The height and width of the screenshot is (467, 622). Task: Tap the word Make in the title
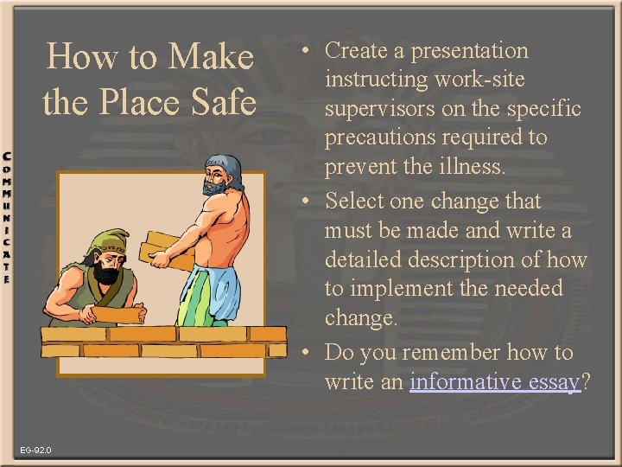[x=213, y=57]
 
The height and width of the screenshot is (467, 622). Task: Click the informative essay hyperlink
[x=495, y=381]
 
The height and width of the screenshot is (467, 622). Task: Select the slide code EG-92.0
[x=36, y=451]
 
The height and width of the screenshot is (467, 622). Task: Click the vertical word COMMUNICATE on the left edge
[x=7, y=217]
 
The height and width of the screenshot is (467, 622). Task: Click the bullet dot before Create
[x=307, y=51]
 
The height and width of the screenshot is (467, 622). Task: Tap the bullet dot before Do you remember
[x=307, y=353]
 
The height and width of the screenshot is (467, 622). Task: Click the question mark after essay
[x=587, y=381]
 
